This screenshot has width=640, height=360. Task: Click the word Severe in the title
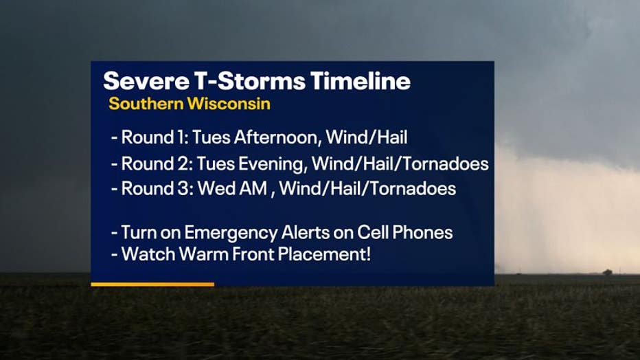(x=146, y=81)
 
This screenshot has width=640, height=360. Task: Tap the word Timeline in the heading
(x=361, y=81)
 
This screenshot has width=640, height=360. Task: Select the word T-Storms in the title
(x=249, y=81)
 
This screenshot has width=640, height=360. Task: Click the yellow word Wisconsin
(x=229, y=104)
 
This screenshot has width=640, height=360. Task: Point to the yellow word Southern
(x=146, y=104)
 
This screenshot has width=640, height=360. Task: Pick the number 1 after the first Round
(x=182, y=137)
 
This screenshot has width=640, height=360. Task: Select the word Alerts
(x=306, y=233)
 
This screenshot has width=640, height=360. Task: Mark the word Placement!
(x=325, y=254)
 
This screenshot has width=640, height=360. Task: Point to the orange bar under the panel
(x=152, y=284)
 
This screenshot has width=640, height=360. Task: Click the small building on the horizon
(x=607, y=272)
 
